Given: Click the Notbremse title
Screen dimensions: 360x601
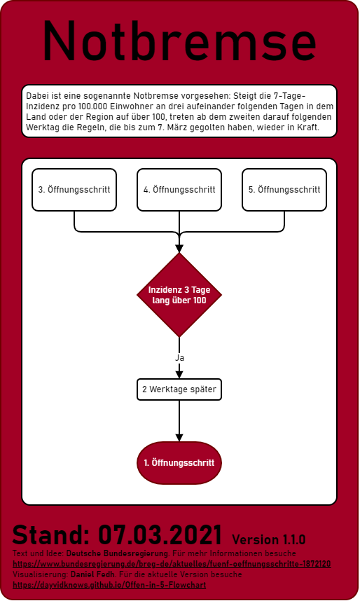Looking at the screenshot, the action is point(179,41).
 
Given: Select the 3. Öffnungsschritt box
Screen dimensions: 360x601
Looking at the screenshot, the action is point(74,190).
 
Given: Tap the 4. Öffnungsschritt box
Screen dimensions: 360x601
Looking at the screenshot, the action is point(179,190).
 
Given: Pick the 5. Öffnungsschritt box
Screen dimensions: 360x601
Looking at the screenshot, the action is point(284,190).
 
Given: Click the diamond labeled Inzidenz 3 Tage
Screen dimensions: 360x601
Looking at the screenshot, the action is point(179,295).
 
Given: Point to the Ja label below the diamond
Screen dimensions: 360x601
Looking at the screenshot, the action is point(179,358).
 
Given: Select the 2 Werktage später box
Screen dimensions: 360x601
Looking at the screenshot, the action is point(179,389).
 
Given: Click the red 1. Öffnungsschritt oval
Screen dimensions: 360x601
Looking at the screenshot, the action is point(179,462).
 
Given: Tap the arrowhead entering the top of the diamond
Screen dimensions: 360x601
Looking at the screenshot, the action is point(179,249).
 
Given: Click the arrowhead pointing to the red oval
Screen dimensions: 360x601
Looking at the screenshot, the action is point(179,437).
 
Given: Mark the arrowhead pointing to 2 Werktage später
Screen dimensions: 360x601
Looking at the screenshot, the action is point(179,375).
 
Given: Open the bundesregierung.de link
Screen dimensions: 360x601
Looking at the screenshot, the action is point(172,564).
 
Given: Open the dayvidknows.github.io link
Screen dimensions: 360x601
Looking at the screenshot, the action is point(109,585).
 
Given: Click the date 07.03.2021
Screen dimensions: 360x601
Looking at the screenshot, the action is point(160,534).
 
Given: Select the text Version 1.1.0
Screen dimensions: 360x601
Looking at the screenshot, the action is point(269,539).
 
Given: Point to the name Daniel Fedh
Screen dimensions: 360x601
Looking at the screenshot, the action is point(92,574).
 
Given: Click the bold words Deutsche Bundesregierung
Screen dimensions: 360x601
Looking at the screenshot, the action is point(117,553).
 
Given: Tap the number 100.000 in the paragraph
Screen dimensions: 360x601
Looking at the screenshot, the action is point(92,106).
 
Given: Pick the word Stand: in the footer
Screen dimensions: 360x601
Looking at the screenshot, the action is point(51,534).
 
